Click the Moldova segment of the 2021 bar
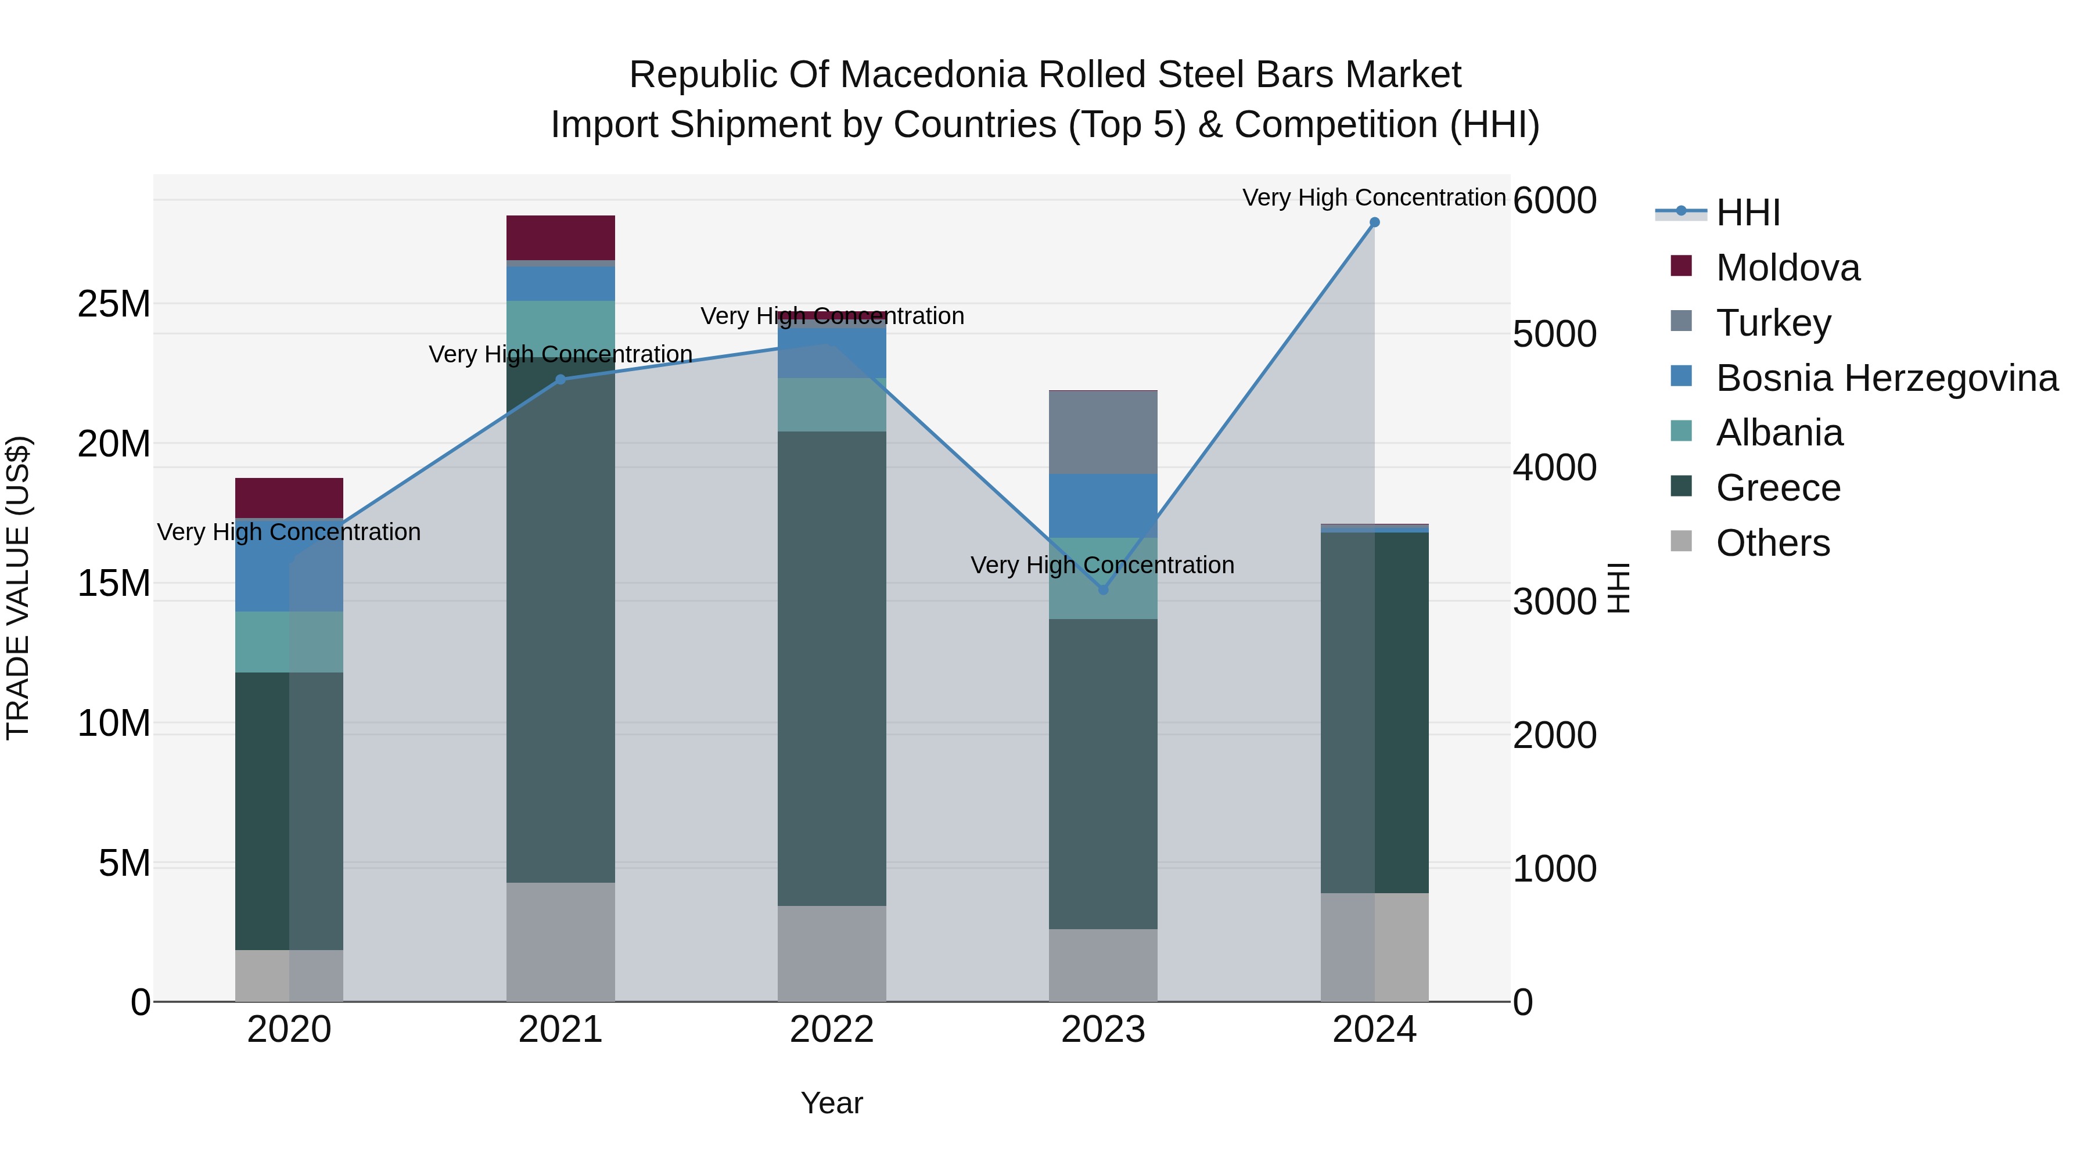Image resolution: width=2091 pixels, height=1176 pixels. [x=560, y=237]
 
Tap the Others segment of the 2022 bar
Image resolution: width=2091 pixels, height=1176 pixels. [x=831, y=953]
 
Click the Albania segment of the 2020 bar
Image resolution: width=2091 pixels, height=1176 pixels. [x=289, y=641]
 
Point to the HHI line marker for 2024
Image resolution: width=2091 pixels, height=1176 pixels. [x=1374, y=222]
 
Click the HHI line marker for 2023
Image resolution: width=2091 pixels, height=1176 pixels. [x=1102, y=590]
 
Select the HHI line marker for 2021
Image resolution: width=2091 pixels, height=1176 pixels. [x=560, y=379]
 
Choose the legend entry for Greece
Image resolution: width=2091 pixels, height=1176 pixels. [x=1778, y=488]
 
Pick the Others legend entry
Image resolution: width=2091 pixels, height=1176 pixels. [x=1773, y=543]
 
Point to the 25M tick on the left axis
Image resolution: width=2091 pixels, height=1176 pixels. [x=114, y=304]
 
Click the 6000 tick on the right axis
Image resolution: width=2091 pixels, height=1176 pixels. [x=1554, y=200]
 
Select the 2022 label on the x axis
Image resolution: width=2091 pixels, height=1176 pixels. [x=831, y=1030]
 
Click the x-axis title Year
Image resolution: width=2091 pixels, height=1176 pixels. [x=831, y=1103]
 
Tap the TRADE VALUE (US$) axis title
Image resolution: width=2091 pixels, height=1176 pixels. [x=18, y=588]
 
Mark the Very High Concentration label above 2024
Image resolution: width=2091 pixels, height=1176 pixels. [x=1374, y=197]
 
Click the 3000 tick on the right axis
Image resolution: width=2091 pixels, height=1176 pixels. [x=1554, y=602]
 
